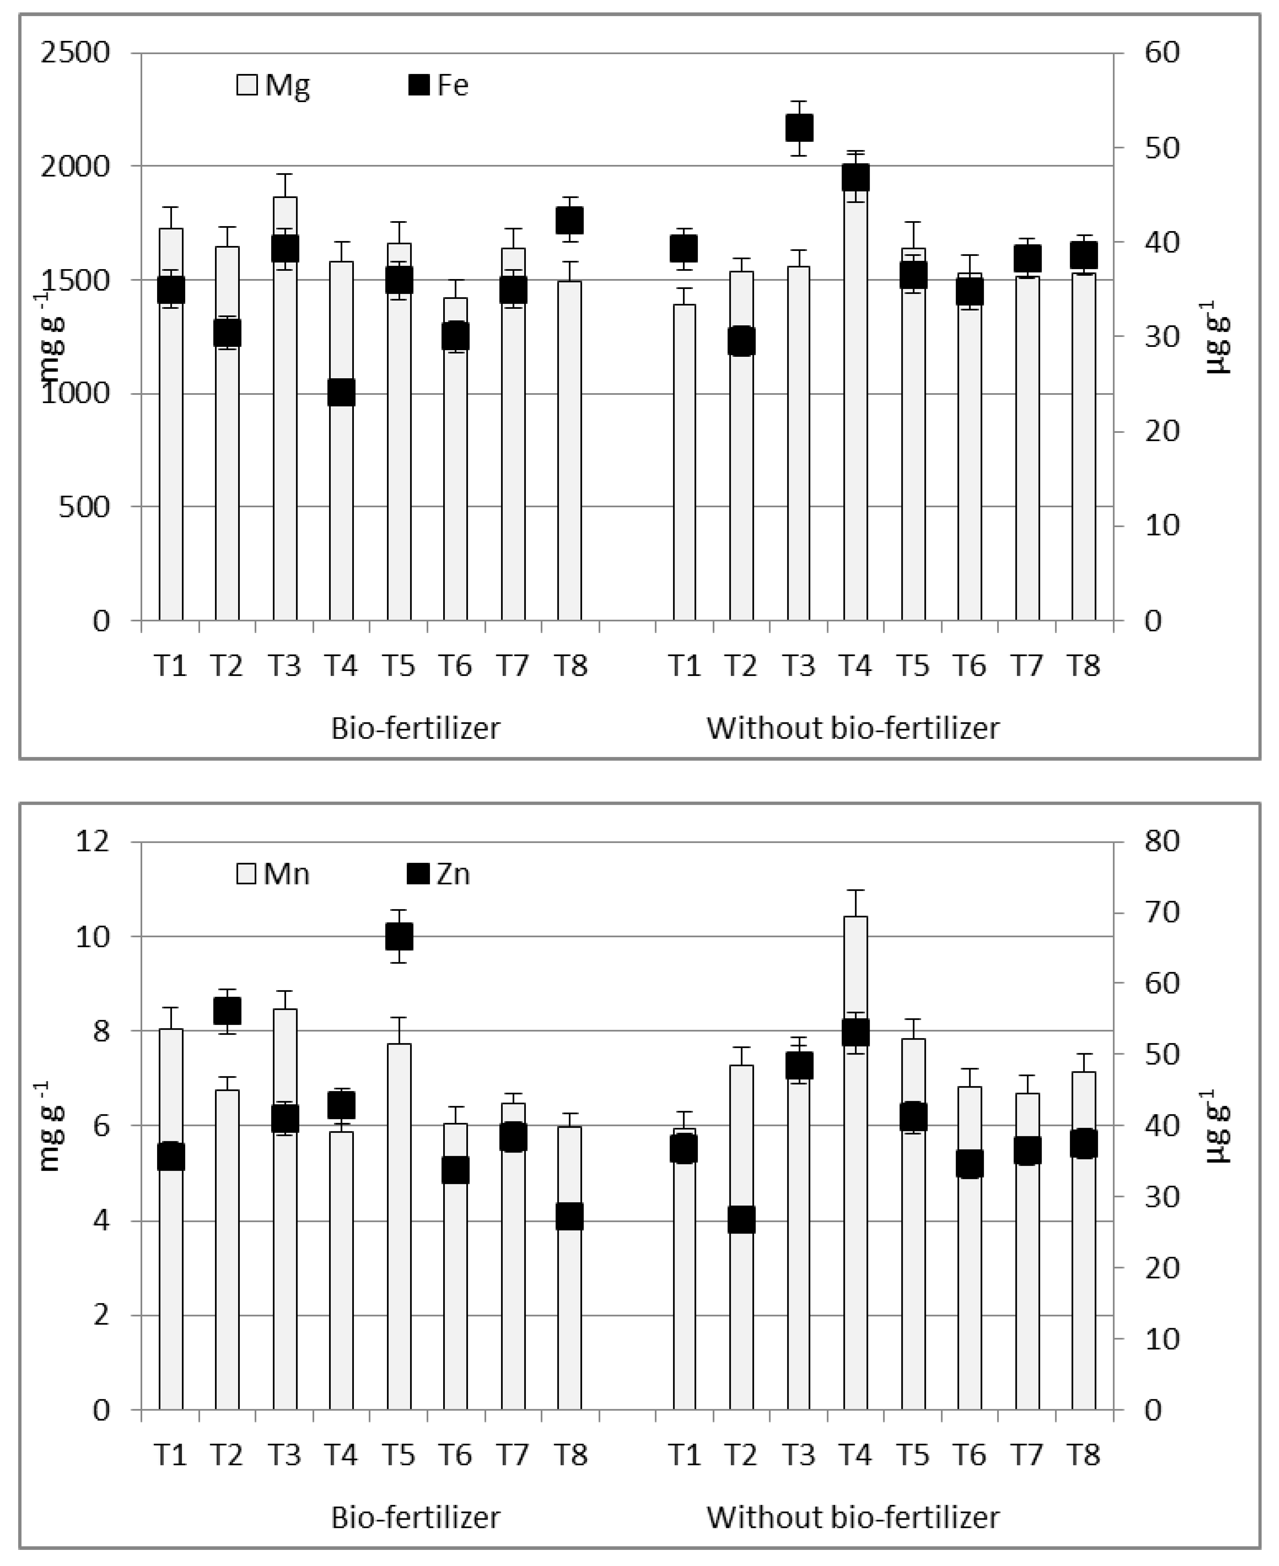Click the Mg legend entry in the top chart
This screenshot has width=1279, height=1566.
[x=273, y=86]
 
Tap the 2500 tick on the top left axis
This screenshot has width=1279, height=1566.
[x=76, y=53]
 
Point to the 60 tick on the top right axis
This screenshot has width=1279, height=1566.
[x=1162, y=53]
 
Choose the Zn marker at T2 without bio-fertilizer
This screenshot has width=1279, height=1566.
[x=742, y=1220]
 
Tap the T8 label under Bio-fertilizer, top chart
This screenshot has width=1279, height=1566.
[x=570, y=666]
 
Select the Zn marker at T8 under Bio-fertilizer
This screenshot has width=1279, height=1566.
[x=570, y=1216]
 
